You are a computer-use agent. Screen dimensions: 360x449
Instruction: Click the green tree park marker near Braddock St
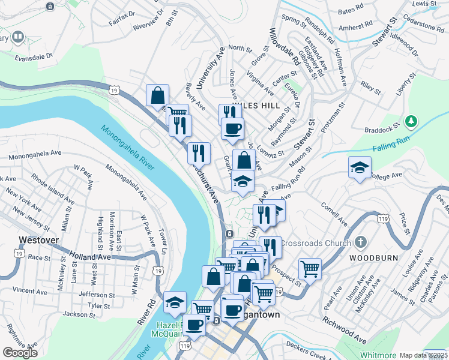coord(411,122)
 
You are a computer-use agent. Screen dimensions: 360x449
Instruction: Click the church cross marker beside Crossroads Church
coord(360,243)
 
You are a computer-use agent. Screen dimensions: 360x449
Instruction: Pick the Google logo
coord(20,353)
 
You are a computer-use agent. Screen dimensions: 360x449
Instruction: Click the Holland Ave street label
coord(89,257)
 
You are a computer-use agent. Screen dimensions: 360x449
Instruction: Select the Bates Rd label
coord(351,11)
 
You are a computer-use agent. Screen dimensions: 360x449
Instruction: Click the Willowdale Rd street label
coord(284,46)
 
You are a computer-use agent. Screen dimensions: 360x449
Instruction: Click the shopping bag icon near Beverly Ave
coord(157,95)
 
